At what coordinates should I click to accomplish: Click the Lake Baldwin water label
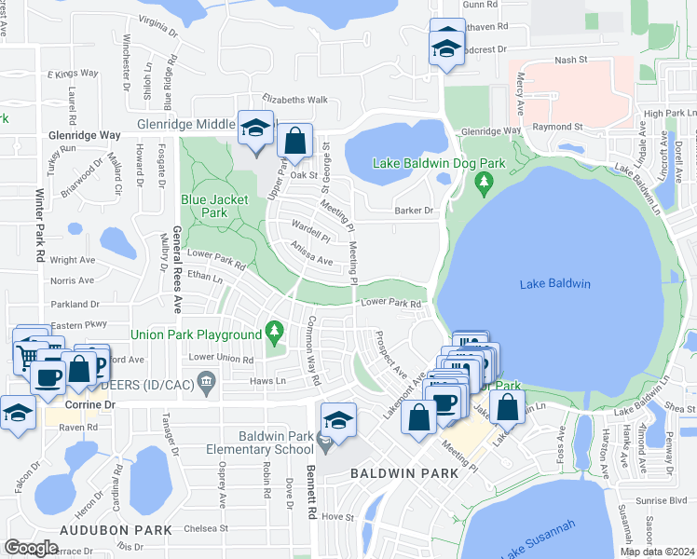tap(556, 284)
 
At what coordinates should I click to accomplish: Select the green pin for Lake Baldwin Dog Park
tap(483, 184)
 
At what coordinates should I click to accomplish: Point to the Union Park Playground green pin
tap(274, 330)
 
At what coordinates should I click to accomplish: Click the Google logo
tap(31, 547)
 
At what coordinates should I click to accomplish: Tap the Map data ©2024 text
tap(657, 552)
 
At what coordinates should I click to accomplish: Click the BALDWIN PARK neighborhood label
tap(404, 473)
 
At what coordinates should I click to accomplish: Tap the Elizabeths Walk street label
tap(294, 100)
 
